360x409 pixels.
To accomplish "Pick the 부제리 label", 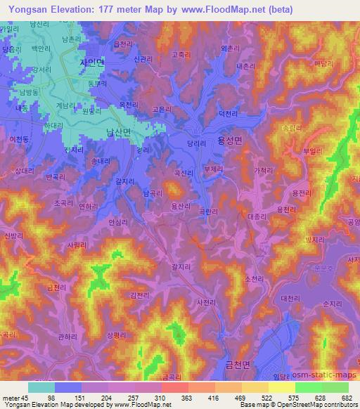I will (x=212, y=169).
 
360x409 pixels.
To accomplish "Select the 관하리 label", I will (x=67, y=338).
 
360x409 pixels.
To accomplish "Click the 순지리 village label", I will (x=331, y=304).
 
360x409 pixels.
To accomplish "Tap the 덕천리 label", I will (x=229, y=112).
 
